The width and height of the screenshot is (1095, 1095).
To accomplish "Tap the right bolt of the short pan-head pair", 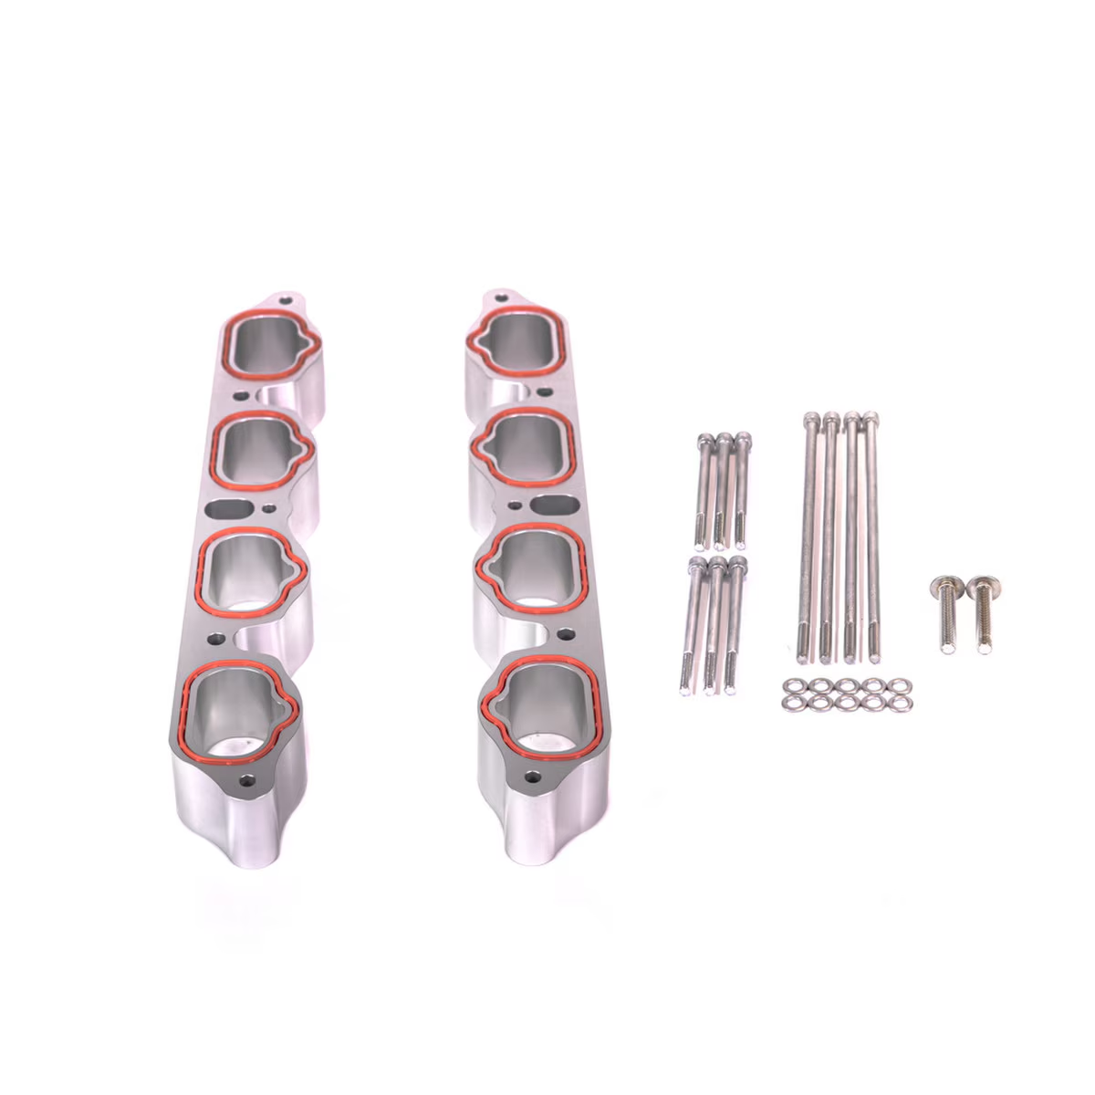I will point(980,616).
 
